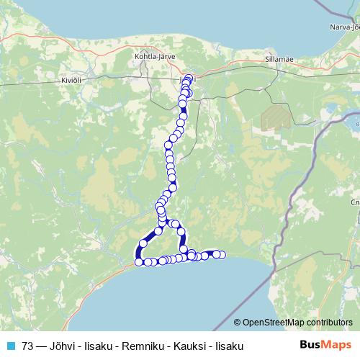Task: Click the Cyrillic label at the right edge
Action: (x=356, y=202)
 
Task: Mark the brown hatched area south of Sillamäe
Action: (x=275, y=117)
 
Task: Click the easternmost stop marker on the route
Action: (x=222, y=254)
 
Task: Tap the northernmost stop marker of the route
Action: (x=189, y=78)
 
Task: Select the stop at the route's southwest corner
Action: (x=139, y=262)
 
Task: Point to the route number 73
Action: (x=27, y=346)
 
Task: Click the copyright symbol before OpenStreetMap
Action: (x=238, y=323)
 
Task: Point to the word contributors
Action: (x=329, y=323)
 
